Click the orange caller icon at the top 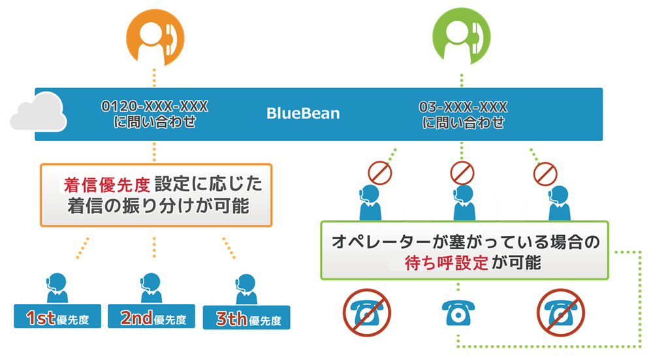(155, 38)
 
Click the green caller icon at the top (462, 37)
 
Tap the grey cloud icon (39, 112)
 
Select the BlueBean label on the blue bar (303, 114)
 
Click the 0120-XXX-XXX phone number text (155, 106)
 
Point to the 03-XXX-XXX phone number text (463, 107)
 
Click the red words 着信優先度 (107, 185)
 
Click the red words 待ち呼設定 (446, 263)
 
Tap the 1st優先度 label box (57, 316)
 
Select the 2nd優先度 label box (151, 316)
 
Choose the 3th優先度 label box (247, 318)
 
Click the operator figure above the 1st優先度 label (57, 288)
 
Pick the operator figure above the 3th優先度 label (246, 289)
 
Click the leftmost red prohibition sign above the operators (380, 173)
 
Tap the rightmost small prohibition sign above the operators (545, 174)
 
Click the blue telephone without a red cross (458, 313)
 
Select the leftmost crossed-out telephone (367, 313)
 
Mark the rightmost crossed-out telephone (561, 313)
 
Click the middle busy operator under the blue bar (464, 203)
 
